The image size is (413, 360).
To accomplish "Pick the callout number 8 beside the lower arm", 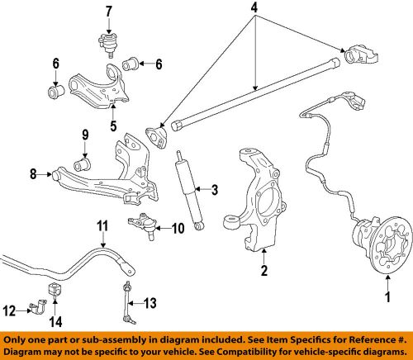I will click(34, 174).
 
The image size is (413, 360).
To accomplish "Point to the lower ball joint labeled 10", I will click(143, 222).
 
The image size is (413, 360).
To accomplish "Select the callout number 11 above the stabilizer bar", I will click(102, 225).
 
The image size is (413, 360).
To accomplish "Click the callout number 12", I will click(10, 311).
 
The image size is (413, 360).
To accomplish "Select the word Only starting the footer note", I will click(21, 339).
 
